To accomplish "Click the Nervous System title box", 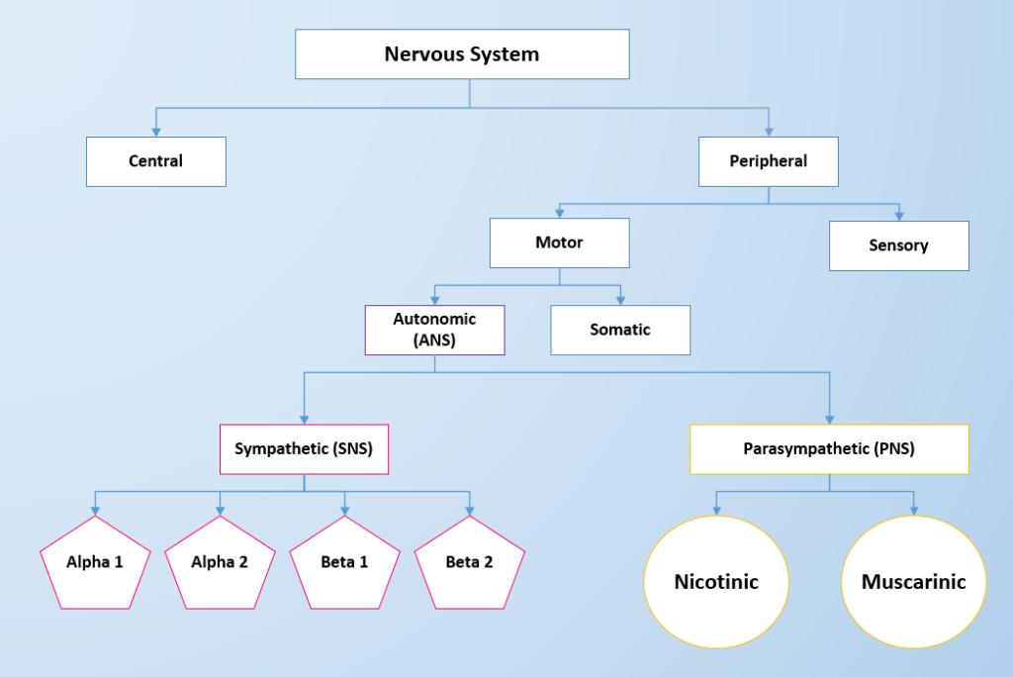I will [x=462, y=54].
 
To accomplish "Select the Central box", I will [x=156, y=161].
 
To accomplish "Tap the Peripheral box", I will [x=769, y=161].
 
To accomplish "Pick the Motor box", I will [x=559, y=242].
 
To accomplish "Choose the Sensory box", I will [x=898, y=245].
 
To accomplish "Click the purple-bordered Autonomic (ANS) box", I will [x=434, y=330].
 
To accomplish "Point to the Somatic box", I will [x=620, y=330].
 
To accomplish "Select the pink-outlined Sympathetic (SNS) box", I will [x=304, y=449].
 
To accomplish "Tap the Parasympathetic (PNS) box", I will [x=829, y=449].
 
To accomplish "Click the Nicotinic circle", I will [x=716, y=581].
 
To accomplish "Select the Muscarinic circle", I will [x=913, y=581].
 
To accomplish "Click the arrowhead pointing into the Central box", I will [x=155, y=132].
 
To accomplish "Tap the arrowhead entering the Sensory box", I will [x=899, y=216].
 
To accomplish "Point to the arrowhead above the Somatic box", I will [x=620, y=300].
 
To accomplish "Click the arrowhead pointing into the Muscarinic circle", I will [x=913, y=510].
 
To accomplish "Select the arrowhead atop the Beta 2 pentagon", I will [x=469, y=510].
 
